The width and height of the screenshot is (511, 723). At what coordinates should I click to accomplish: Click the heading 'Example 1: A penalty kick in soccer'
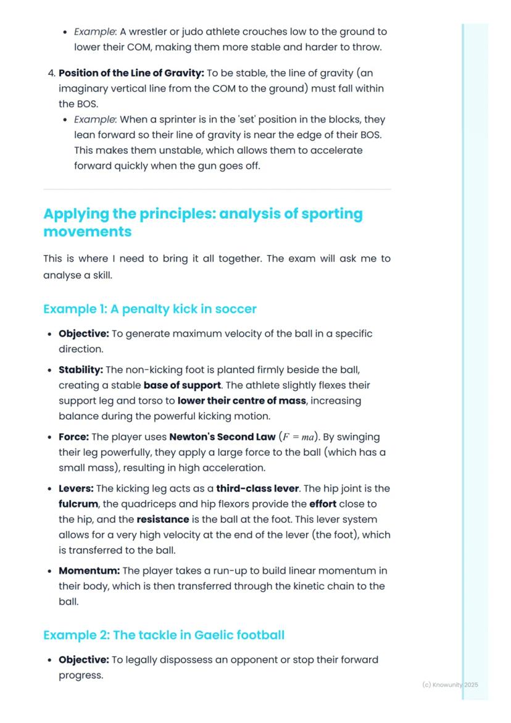pos(150,309)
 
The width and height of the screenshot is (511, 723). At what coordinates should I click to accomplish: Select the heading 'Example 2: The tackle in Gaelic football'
pos(164,635)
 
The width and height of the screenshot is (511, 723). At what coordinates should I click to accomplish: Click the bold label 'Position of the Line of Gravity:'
pos(131,73)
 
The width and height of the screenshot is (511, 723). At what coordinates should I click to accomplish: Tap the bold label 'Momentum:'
pos(87,570)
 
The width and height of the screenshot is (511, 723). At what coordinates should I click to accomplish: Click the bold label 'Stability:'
pos(81,370)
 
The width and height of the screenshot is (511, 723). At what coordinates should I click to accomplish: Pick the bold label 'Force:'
pos(73,437)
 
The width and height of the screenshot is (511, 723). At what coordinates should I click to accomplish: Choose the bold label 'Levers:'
pos(77,488)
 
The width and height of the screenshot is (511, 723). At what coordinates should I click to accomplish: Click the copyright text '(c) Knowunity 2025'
pos(450,685)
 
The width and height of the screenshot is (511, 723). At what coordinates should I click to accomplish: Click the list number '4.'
pos(51,73)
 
